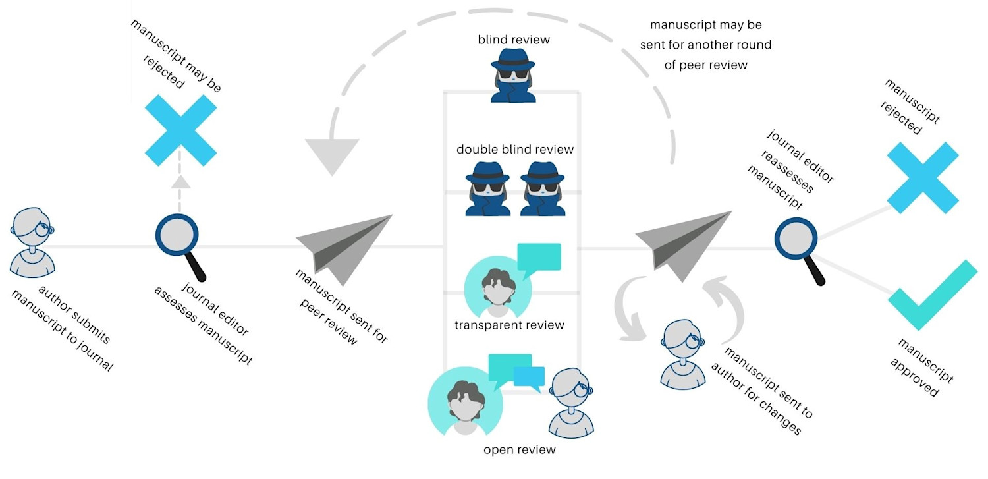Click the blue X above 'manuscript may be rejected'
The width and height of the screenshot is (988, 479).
180,130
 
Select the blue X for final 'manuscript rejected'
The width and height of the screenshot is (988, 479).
922,177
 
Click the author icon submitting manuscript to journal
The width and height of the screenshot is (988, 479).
32,243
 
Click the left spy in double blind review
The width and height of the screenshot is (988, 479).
488,190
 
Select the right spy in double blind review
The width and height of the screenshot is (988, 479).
543,190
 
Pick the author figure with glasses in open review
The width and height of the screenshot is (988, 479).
570,403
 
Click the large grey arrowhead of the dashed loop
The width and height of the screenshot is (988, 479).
332,155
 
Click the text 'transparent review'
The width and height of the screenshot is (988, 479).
509,325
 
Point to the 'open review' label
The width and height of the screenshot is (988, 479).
520,450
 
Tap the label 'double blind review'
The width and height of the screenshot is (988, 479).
515,150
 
